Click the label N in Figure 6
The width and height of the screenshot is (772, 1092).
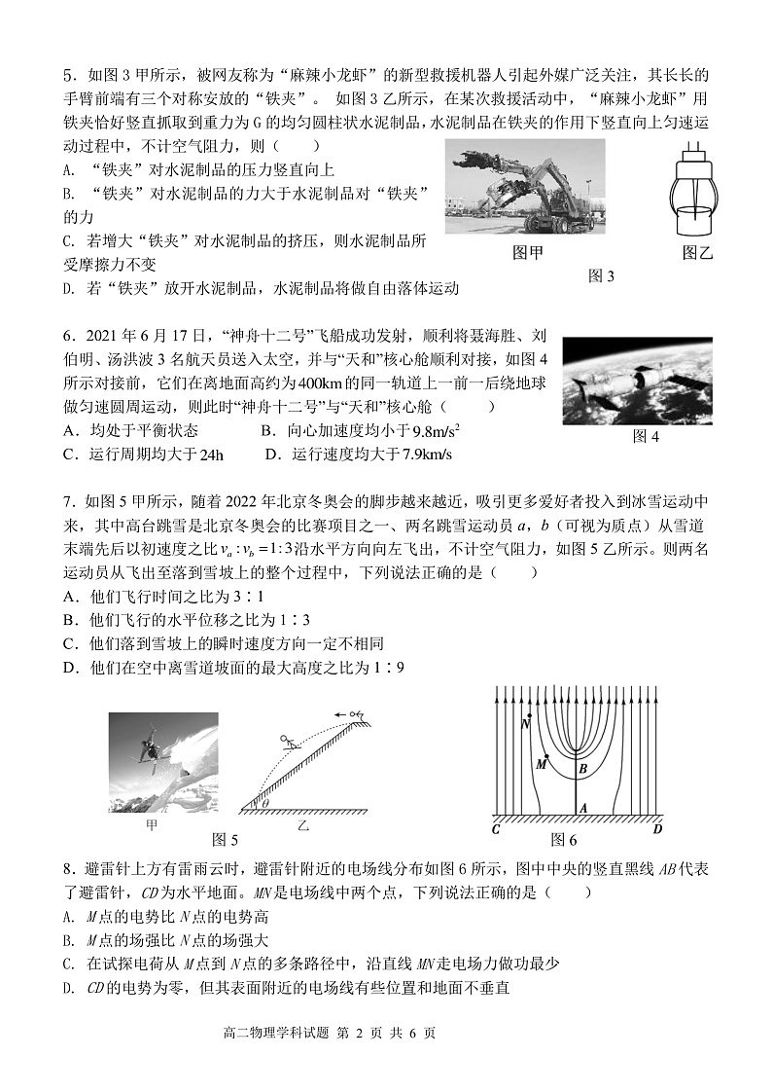526,724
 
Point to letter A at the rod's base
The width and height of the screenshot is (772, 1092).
582,808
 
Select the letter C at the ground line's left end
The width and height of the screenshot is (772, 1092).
496,829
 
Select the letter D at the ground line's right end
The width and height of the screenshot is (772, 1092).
657,829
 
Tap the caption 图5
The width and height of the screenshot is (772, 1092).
225,840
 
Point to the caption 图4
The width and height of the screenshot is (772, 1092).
646,436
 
